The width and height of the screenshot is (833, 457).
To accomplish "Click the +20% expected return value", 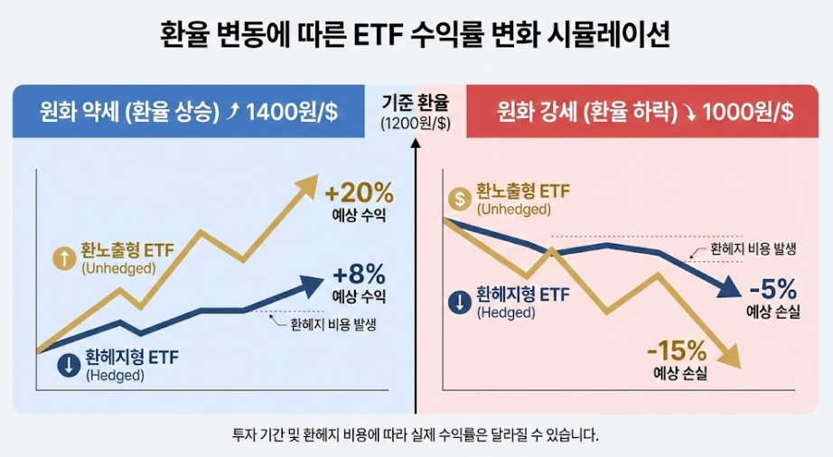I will (359, 193).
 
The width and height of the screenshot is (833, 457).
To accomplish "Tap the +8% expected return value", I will (359, 274).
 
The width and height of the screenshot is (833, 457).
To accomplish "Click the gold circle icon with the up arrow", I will (65, 258).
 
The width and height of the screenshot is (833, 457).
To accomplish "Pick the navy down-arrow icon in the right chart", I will (459, 303).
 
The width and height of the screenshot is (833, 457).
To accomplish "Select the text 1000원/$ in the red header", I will (747, 112).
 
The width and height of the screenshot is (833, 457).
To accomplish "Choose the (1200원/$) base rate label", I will (416, 123).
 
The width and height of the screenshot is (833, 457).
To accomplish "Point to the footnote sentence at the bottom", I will (416, 434).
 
